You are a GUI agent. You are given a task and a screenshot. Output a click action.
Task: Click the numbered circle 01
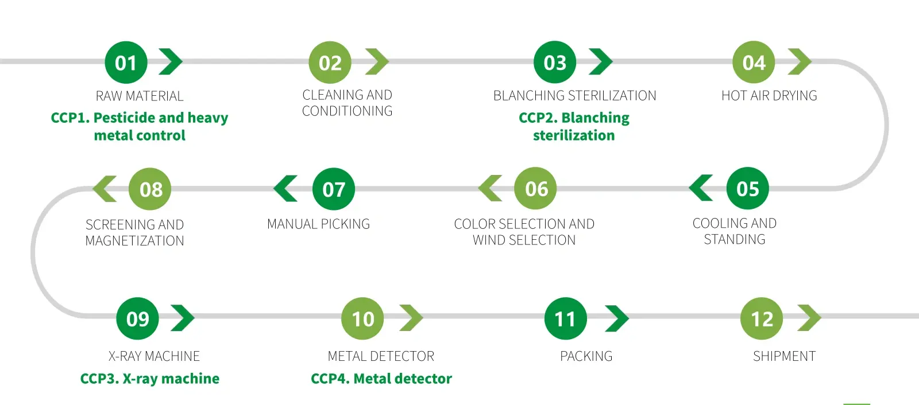pyautogui.click(x=126, y=63)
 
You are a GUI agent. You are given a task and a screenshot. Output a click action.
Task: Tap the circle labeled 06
pyautogui.click(x=536, y=189)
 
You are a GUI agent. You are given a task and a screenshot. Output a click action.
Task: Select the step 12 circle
pyautogui.click(x=762, y=318)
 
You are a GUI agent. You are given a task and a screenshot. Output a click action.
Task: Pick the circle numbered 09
pyautogui.click(x=138, y=318)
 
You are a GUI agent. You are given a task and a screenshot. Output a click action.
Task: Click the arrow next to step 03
pyautogui.click(x=601, y=62)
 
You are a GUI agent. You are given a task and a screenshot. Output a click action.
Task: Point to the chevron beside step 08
pyautogui.click(x=105, y=189)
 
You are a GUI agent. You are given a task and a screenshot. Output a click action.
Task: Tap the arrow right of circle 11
pyautogui.click(x=617, y=318)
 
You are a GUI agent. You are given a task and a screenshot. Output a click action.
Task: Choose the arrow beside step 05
pyautogui.click(x=701, y=188)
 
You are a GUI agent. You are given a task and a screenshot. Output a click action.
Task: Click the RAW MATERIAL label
pyautogui.click(x=140, y=96)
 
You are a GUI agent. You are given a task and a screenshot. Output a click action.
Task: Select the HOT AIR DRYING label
pyautogui.click(x=769, y=96)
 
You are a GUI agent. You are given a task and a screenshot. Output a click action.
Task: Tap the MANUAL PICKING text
pyautogui.click(x=318, y=224)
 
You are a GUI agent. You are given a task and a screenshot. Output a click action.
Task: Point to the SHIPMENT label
pyautogui.click(x=784, y=356)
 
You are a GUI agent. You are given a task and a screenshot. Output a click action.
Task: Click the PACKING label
pyautogui.click(x=586, y=356)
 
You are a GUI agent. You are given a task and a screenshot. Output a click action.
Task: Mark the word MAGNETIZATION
pyautogui.click(x=134, y=241)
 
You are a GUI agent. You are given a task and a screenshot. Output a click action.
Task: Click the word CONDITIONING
pyautogui.click(x=347, y=111)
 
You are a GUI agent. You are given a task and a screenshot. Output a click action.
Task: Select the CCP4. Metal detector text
pyautogui.click(x=381, y=379)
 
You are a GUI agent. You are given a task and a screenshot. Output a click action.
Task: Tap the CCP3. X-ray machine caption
pyautogui.click(x=149, y=379)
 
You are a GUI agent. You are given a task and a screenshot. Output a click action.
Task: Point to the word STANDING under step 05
pyautogui.click(x=735, y=239)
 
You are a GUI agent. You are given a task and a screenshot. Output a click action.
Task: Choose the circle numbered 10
pyautogui.click(x=363, y=318)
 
